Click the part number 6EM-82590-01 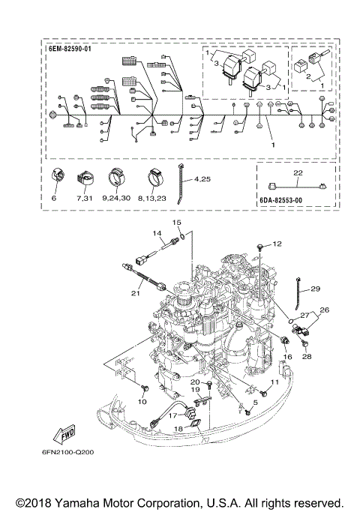[x=70, y=49]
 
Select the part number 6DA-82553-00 [x=281, y=200]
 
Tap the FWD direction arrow [x=64, y=434]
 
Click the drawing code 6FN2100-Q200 [x=67, y=452]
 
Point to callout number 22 [x=298, y=172]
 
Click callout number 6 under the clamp [x=54, y=198]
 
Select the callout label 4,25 [x=202, y=179]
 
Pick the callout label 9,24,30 [x=116, y=198]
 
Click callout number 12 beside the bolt [x=277, y=244]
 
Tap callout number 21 [x=136, y=293]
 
